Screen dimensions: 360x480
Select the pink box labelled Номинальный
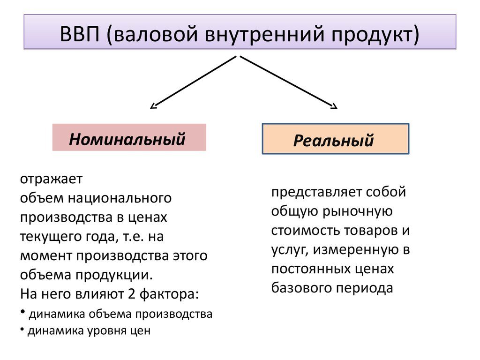[129, 137]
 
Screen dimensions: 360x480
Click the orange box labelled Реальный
[335, 139]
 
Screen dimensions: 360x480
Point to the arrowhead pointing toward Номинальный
[153, 106]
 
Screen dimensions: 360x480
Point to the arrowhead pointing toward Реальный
[333, 106]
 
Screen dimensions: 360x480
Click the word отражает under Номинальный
[51, 180]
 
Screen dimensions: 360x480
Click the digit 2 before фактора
[132, 294]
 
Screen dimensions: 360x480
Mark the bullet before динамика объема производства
[22, 313]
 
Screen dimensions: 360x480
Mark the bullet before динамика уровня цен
[22, 330]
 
